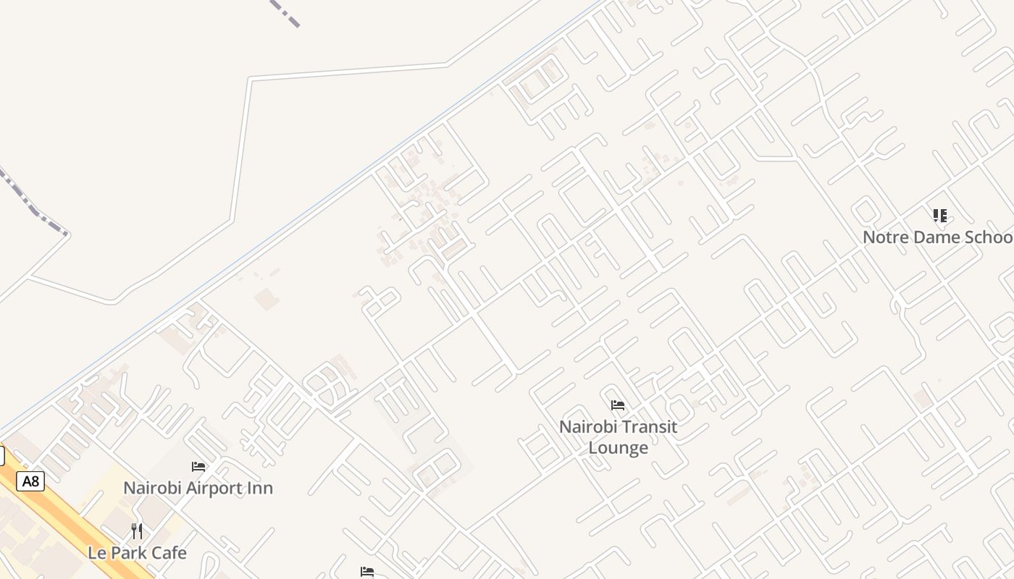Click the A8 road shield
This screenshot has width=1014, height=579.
(30, 481)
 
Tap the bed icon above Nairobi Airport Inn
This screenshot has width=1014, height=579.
(198, 467)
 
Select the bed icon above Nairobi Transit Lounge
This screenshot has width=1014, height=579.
(618, 405)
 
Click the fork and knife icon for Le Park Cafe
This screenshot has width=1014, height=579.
(137, 531)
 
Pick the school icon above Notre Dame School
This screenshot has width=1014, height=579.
(940, 215)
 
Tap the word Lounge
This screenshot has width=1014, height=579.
(618, 448)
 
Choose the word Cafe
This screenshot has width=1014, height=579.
(167, 553)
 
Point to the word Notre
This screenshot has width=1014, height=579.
(883, 237)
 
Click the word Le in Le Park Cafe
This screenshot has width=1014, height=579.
(96, 553)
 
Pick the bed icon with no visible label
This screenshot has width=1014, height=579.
(367, 572)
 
